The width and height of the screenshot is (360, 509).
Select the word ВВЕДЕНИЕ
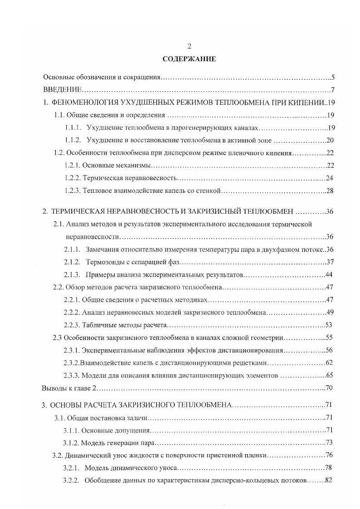coord(62,89)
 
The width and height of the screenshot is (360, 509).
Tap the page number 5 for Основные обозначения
coord(333,78)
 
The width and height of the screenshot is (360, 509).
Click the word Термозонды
coord(102,262)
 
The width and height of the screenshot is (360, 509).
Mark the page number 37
coord(330,262)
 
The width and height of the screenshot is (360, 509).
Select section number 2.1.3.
coord(72,275)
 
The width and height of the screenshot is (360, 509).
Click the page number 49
coord(330,313)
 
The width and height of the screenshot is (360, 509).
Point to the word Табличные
coord(98,325)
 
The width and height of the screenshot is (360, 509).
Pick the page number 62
coord(330,363)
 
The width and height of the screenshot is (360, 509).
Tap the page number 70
coord(330,388)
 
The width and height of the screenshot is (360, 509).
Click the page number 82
coord(329,480)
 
